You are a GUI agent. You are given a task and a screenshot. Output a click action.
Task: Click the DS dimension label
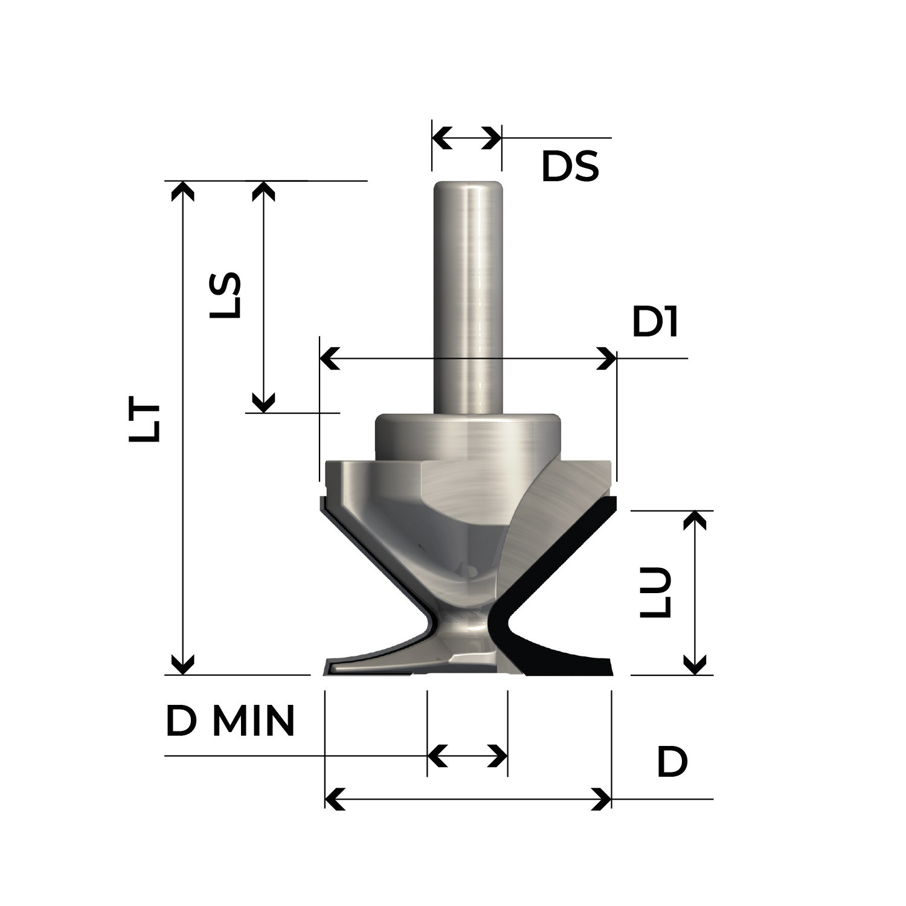(570, 167)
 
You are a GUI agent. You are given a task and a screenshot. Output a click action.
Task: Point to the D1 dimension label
(655, 323)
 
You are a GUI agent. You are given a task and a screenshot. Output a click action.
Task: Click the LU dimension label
(656, 592)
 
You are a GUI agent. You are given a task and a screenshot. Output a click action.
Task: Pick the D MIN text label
(230, 721)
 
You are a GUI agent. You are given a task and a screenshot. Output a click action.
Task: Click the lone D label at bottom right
(672, 763)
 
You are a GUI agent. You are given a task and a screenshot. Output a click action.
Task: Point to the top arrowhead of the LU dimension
(696, 521)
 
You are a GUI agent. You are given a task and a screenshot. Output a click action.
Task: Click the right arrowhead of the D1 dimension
(606, 358)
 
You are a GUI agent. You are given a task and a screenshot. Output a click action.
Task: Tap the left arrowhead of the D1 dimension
(329, 358)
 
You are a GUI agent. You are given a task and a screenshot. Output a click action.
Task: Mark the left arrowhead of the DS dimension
(442, 138)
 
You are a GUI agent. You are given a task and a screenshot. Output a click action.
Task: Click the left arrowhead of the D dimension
(335, 799)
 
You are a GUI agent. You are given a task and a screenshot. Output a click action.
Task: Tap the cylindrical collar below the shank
(466, 436)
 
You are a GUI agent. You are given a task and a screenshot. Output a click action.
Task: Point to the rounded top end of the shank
(467, 186)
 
